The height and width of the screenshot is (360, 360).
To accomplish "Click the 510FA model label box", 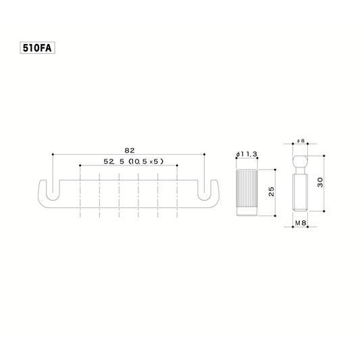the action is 37,48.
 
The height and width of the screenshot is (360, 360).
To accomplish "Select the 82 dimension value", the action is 129,151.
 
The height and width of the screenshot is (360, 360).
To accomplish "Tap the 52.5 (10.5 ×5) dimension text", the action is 133,161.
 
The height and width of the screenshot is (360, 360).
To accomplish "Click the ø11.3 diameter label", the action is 247,154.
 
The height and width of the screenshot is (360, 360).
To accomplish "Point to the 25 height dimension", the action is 272,191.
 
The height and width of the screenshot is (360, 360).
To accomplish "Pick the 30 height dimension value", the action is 320,182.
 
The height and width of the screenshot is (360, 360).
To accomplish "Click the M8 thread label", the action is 301,223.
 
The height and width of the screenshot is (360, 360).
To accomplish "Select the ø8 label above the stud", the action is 301,140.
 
